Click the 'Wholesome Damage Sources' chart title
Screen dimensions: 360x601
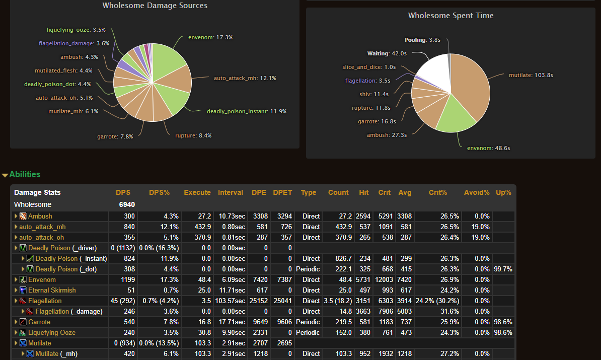pyautogui.click(x=155, y=6)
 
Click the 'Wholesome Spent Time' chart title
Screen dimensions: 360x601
pyautogui.click(x=450, y=16)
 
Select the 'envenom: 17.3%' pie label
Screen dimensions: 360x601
pyautogui.click(x=210, y=37)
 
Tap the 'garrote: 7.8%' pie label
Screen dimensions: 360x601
pyautogui.click(x=115, y=136)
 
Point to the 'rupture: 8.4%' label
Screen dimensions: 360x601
pyautogui.click(x=193, y=135)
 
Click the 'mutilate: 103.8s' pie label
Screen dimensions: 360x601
pyautogui.click(x=531, y=75)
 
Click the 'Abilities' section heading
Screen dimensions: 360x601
pyautogui.click(x=25, y=174)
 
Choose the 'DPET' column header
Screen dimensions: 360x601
pyautogui.click(x=282, y=192)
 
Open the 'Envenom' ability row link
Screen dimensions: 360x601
pyautogui.click(x=42, y=279)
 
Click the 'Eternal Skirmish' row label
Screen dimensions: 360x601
pyautogui.click(x=52, y=290)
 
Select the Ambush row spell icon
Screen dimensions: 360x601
pyautogui.click(x=23, y=216)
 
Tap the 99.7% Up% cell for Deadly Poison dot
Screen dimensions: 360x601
pyautogui.click(x=503, y=269)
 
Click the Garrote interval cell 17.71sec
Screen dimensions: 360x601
pyautogui.click(x=232, y=322)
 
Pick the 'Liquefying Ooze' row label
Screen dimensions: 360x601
pyautogui.click(x=51, y=332)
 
